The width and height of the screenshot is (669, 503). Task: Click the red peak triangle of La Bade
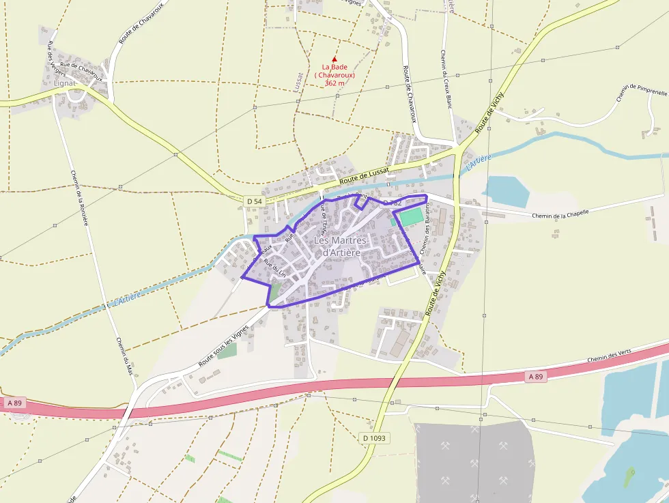(334, 59)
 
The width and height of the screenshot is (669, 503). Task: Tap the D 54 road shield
(253, 201)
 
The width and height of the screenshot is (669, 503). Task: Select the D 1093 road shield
(375, 437)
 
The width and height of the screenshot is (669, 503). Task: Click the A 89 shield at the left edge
(16, 403)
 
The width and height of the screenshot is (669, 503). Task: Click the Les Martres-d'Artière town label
(341, 247)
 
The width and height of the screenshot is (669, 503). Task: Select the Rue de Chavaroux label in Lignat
(81, 70)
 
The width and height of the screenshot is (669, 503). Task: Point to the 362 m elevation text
(334, 83)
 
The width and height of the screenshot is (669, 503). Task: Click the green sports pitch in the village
(410, 218)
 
